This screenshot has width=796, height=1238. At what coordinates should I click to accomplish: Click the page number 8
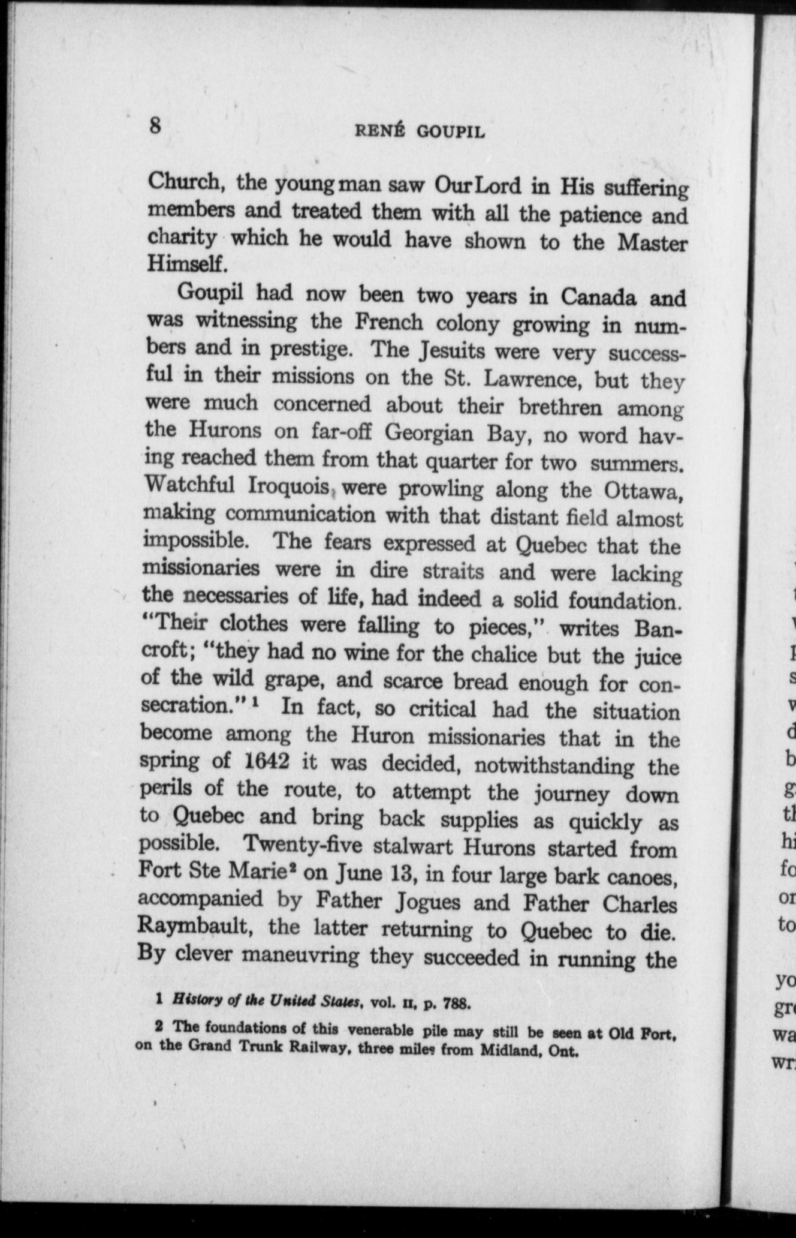click(x=156, y=127)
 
